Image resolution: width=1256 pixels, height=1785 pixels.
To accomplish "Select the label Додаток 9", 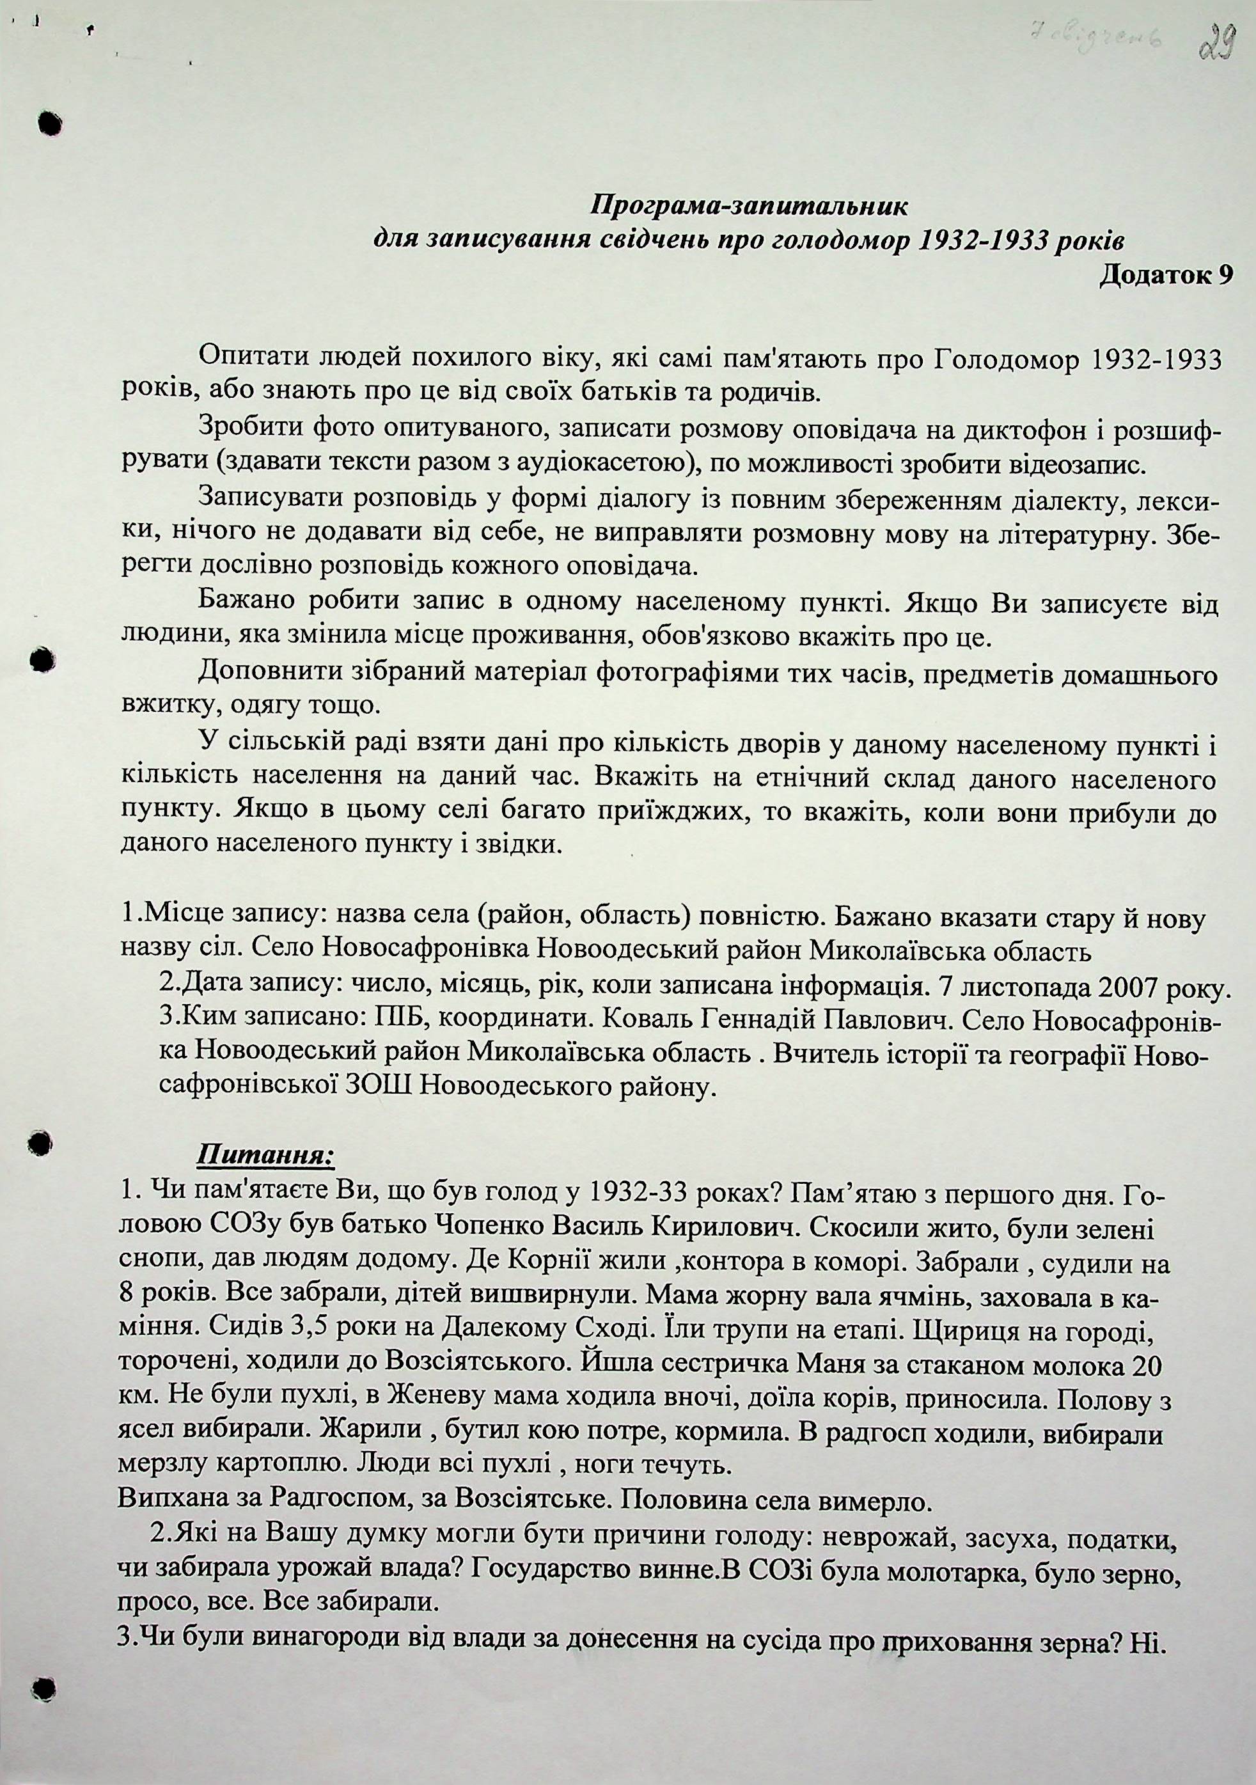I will click(1166, 274).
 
